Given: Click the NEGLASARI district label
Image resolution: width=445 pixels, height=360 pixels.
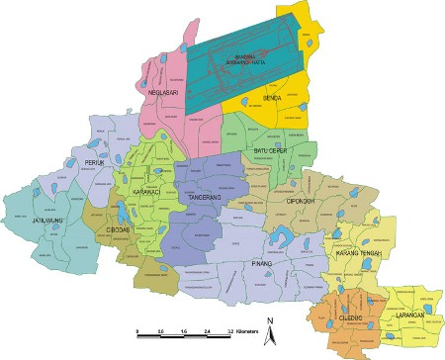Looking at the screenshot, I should (161, 93).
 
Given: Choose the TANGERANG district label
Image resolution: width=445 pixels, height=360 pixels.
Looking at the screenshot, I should (207, 198).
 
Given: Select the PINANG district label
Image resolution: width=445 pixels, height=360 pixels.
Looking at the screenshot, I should (261, 266).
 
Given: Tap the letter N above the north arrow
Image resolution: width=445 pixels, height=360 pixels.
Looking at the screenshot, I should (269, 319).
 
